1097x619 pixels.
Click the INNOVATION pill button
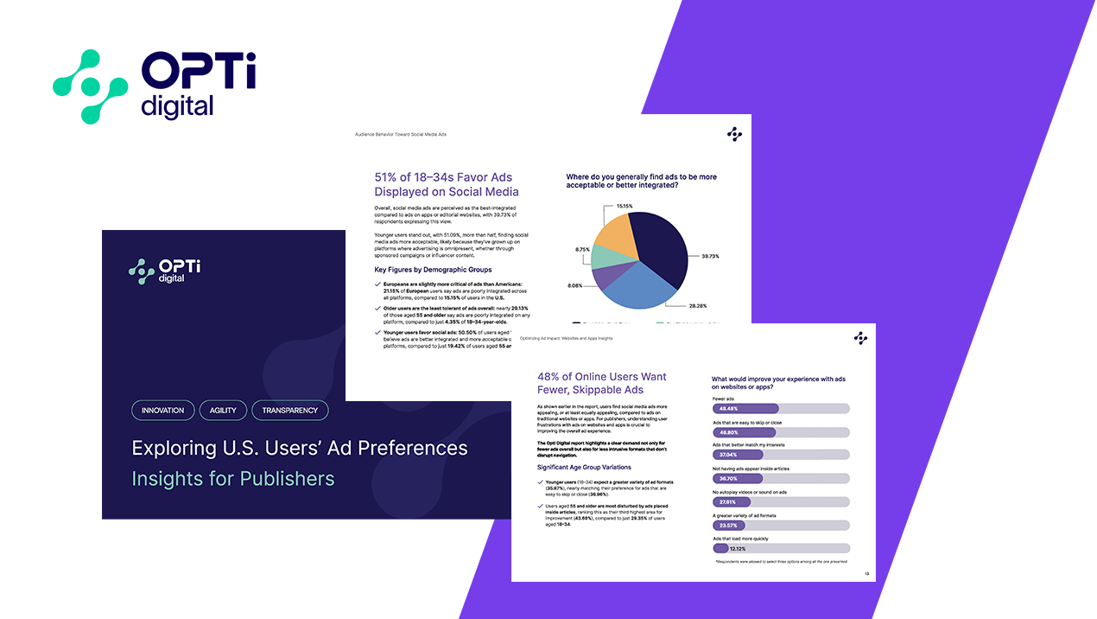point(162,410)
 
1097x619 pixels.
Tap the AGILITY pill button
point(223,410)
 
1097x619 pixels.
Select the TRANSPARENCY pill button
point(290,410)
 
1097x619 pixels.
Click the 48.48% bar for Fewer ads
point(745,408)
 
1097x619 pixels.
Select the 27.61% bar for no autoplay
point(732,501)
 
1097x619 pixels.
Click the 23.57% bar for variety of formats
point(729,524)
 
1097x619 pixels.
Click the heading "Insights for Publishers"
point(232,478)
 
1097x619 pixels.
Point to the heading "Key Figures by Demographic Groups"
point(432,270)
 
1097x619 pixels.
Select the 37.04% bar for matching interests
point(738,455)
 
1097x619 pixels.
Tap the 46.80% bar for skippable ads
point(744,431)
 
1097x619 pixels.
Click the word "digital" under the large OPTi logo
point(177,106)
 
